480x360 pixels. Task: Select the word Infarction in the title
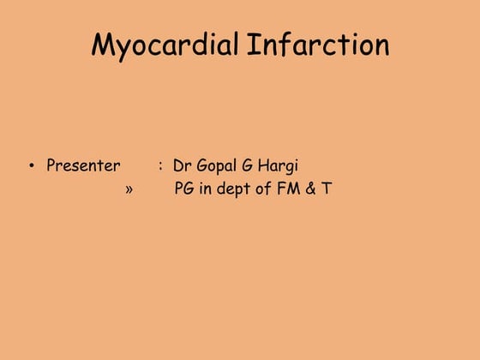click(x=318, y=45)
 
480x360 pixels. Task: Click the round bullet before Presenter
click(x=32, y=166)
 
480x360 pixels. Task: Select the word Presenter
click(x=83, y=165)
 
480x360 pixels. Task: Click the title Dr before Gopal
click(x=182, y=165)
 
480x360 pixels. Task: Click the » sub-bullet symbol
click(x=129, y=189)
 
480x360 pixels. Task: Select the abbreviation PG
click(x=184, y=189)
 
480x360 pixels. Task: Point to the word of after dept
click(x=262, y=189)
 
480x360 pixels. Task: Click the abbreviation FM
click(x=288, y=189)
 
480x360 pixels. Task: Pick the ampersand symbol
click(x=312, y=189)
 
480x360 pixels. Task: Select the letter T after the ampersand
click(x=327, y=189)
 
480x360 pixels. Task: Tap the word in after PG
click(x=206, y=189)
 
